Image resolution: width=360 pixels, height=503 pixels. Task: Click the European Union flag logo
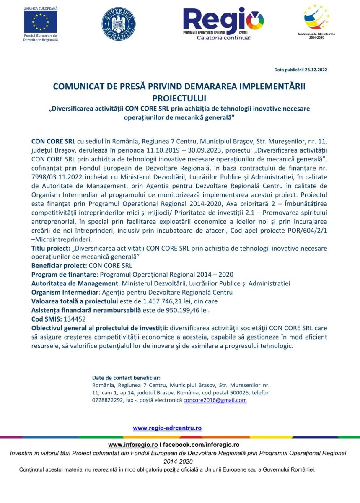pos(41,22)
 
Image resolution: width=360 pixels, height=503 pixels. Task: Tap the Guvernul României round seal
pos(119,24)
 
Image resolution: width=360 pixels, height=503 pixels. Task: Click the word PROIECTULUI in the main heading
pos(179,99)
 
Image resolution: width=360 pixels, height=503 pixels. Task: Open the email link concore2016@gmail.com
pos(215,400)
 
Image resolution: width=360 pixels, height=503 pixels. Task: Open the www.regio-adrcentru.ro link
pos(167,428)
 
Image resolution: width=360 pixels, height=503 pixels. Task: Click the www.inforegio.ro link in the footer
pos(133,444)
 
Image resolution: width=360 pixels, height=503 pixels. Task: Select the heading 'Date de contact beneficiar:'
pos(126,377)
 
